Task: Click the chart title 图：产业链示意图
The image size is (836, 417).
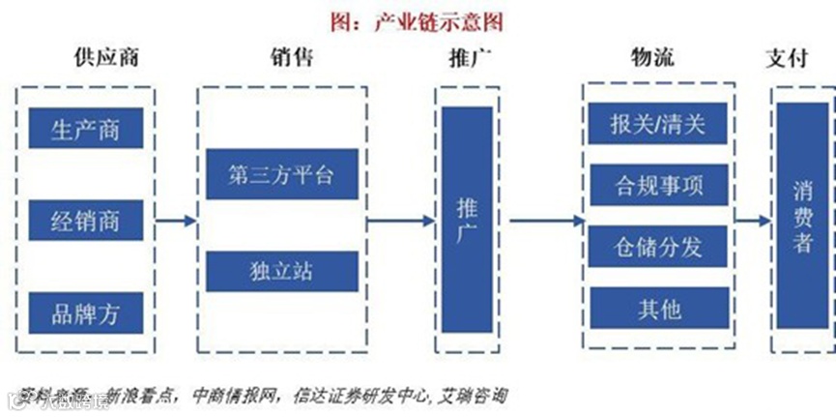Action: [417, 20]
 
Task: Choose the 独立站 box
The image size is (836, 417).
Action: [281, 270]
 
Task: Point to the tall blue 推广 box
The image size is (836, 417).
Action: [467, 221]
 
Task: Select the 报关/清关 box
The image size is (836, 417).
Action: [658, 126]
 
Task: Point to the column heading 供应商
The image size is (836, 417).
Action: [106, 57]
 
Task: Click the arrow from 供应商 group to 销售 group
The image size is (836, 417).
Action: [175, 222]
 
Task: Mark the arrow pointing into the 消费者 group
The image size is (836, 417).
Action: [751, 222]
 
